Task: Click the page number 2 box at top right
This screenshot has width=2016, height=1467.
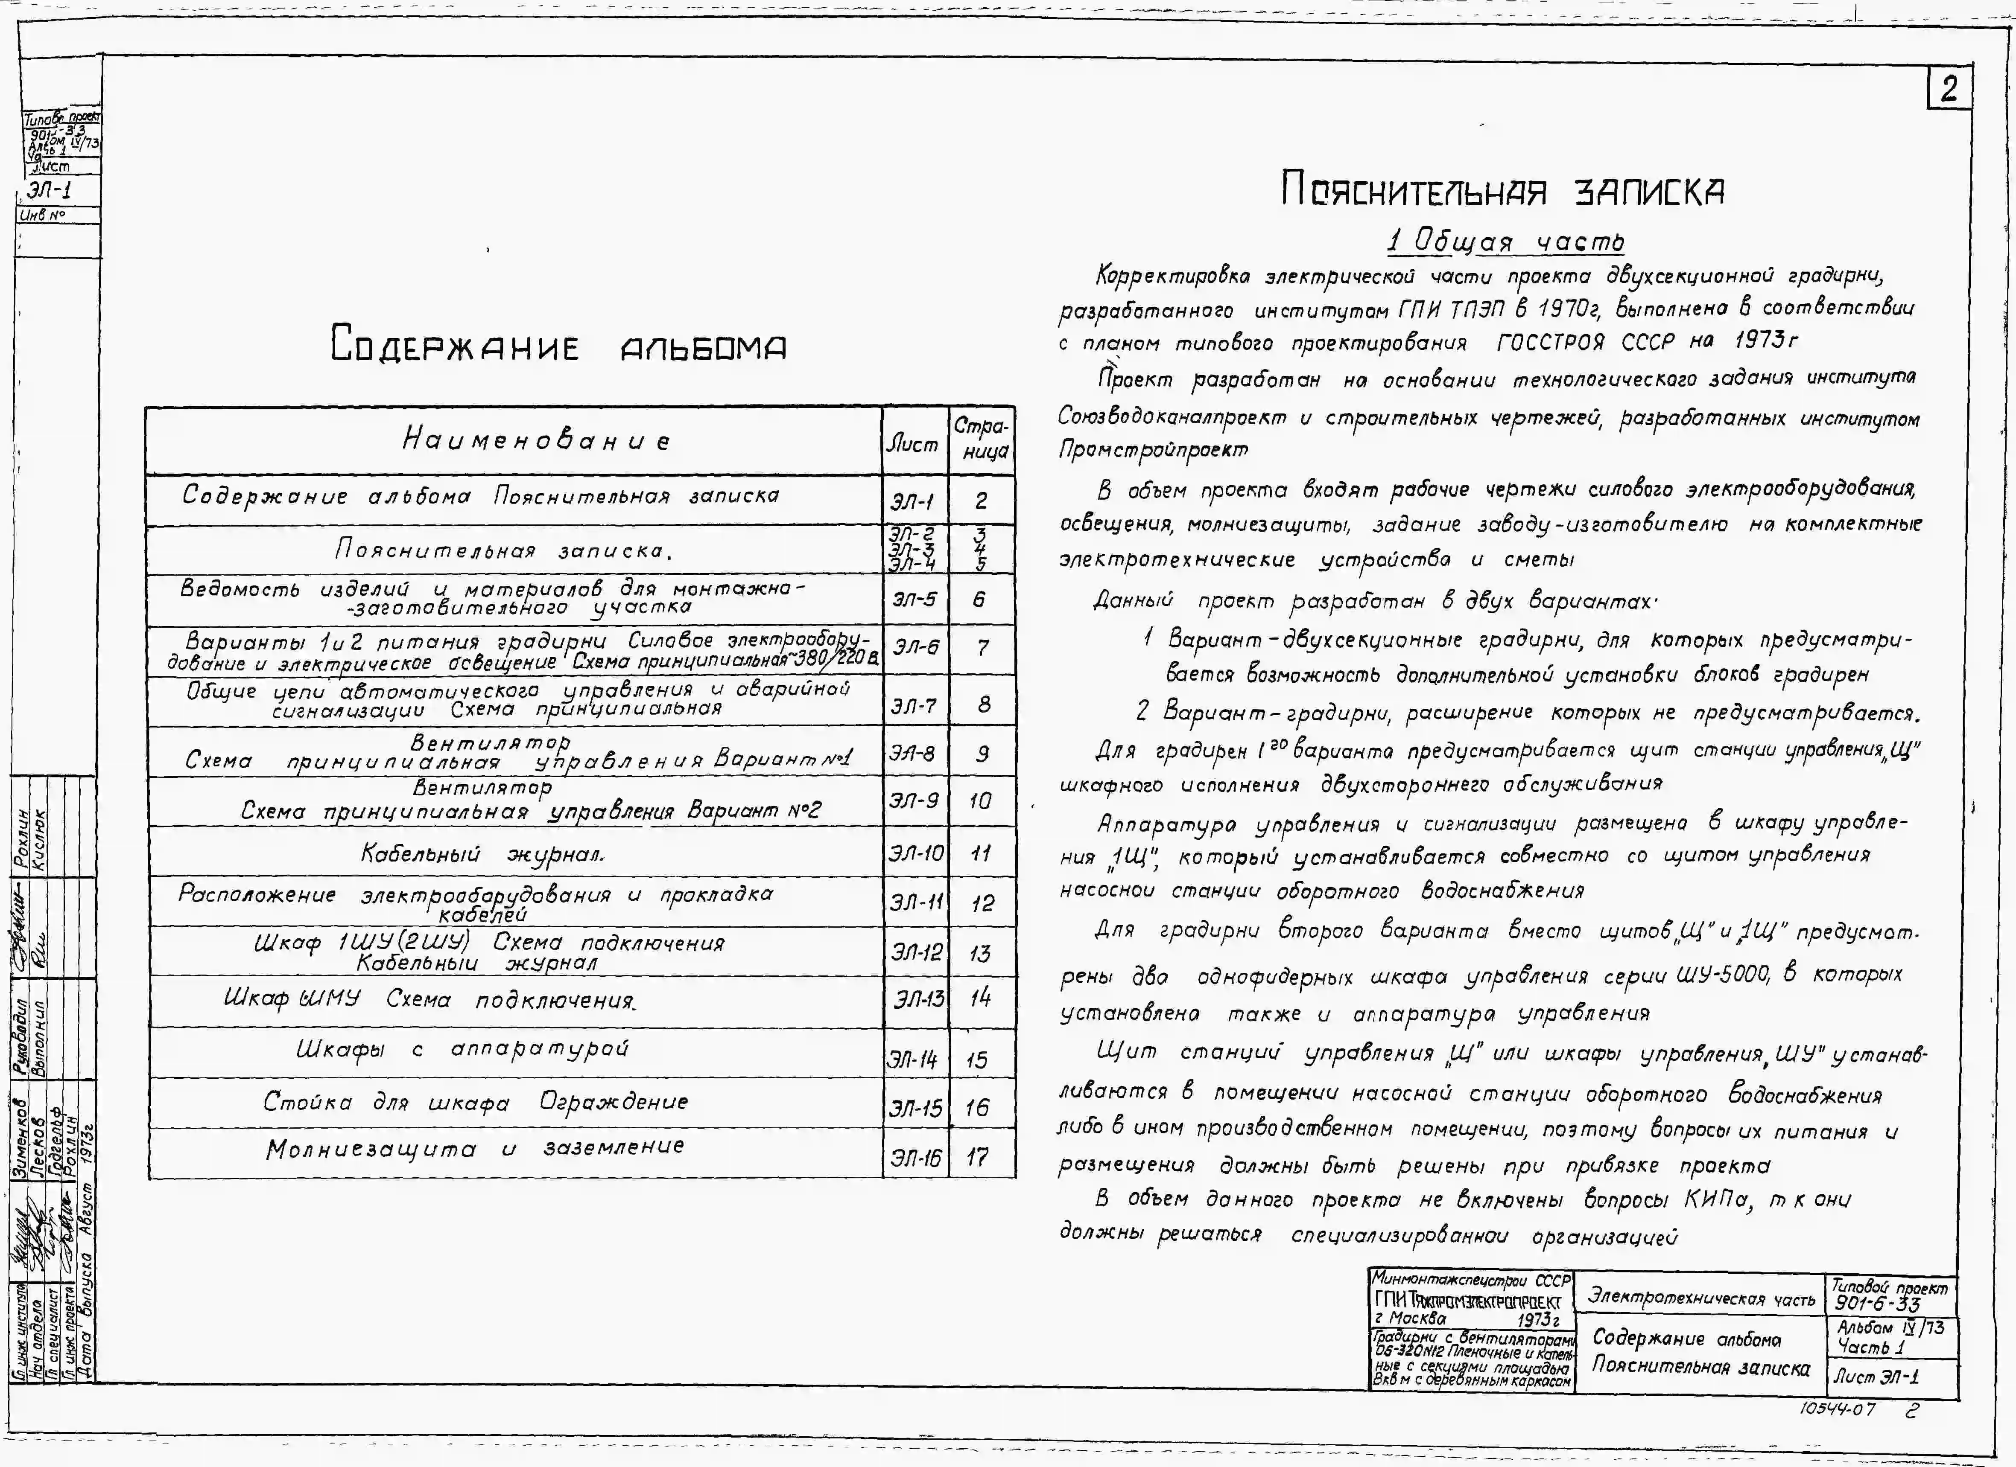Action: tap(1948, 89)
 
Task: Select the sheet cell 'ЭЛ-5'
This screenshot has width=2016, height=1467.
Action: tap(914, 600)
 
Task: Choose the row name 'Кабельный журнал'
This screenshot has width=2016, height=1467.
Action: tap(483, 854)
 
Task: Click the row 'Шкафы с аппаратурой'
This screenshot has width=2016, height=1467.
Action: tap(462, 1049)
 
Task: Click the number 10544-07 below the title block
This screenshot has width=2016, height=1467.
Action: tap(1838, 1409)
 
